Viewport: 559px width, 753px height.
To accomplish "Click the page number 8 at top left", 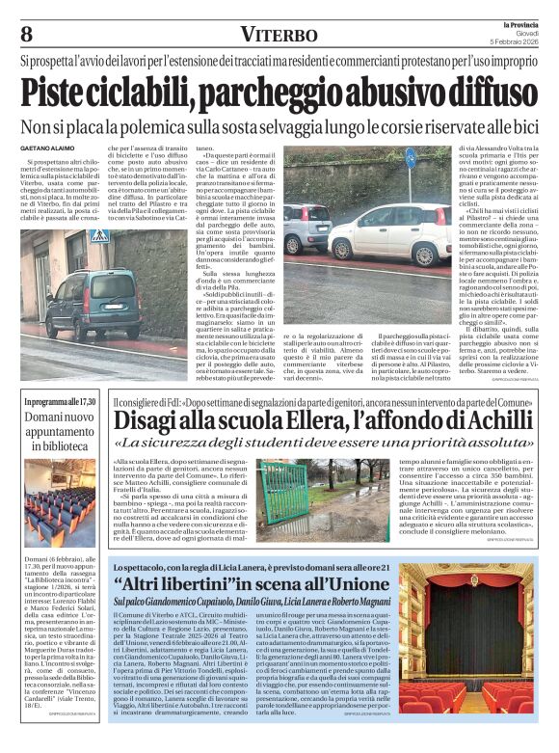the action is pos(26,34).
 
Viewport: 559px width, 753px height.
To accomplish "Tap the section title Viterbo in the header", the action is pos(279,35).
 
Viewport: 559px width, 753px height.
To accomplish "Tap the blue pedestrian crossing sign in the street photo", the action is pos(99,235).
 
